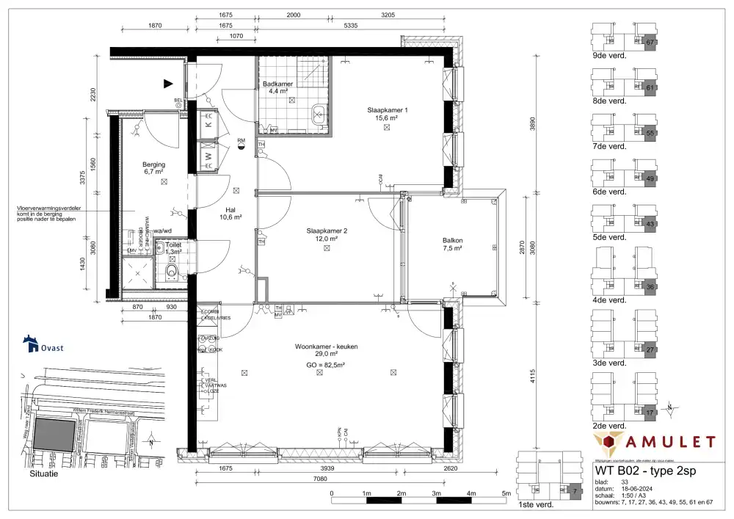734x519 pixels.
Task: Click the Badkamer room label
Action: click(x=277, y=84)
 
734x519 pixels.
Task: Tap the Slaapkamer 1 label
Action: click(x=387, y=109)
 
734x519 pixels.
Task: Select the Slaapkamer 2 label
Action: click(x=327, y=231)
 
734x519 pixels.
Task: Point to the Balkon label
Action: click(x=452, y=240)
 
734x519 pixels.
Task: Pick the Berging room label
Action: click(x=153, y=164)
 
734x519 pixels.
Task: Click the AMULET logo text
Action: click(x=670, y=441)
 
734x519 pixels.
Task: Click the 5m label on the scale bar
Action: click(x=506, y=493)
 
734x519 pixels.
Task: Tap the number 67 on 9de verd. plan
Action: click(x=650, y=43)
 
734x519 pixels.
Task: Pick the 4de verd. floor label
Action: click(x=608, y=300)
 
